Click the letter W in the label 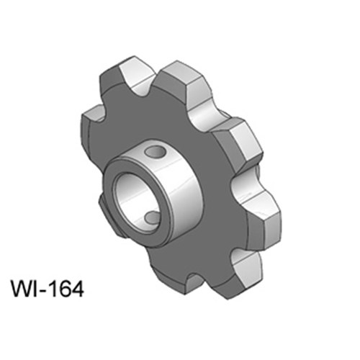[x=23, y=289]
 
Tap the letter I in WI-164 [x=38, y=289]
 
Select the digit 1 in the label [x=55, y=289]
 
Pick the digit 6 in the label [x=65, y=289]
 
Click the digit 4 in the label [x=77, y=289]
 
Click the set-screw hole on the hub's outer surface [x=154, y=152]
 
